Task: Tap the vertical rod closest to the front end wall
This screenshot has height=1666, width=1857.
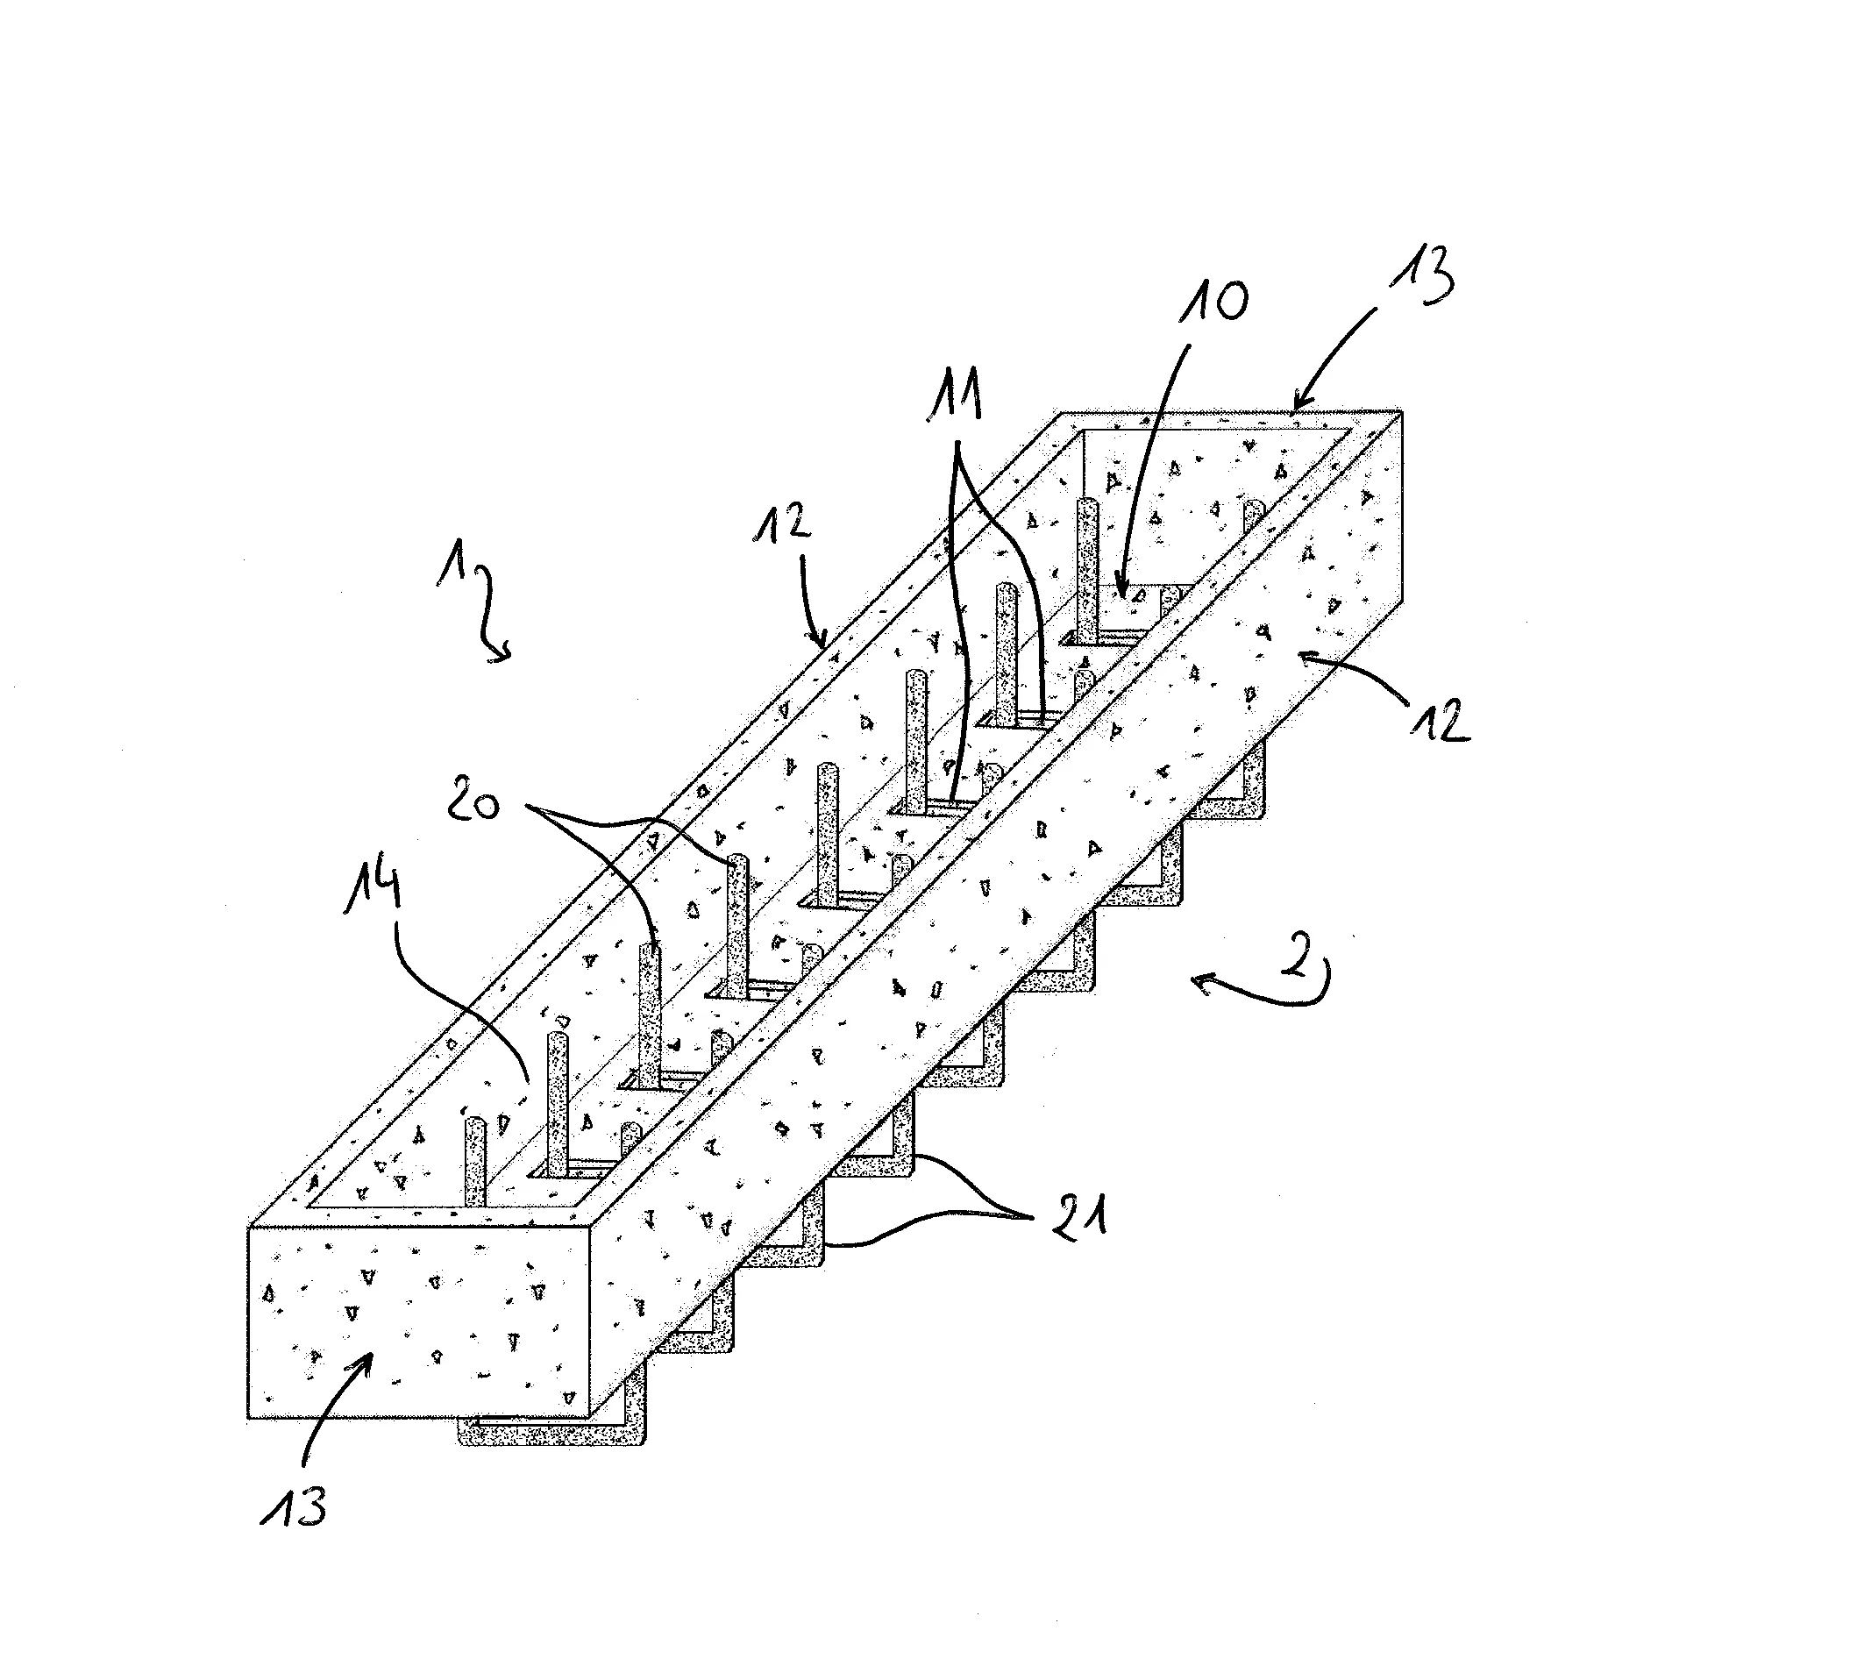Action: pyautogui.click(x=475, y=1161)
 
